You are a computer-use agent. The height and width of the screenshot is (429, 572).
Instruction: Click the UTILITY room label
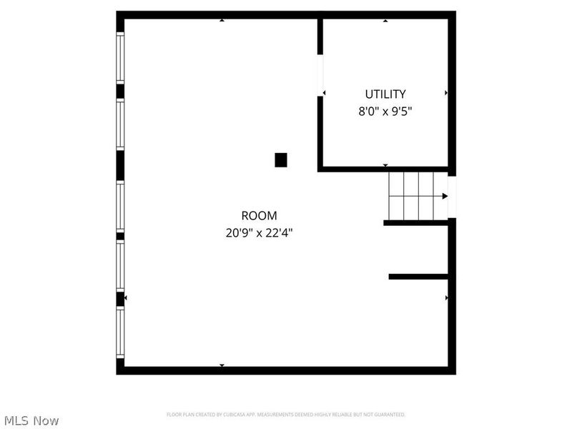click(385, 94)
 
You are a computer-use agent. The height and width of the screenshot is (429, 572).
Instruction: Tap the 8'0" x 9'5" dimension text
click(385, 112)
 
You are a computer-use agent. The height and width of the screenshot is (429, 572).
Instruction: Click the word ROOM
click(259, 215)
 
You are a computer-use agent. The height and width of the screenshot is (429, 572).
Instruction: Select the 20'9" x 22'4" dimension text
click(259, 232)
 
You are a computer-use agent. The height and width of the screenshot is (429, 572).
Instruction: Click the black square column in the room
click(281, 160)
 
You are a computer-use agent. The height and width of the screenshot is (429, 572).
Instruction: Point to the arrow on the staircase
click(443, 196)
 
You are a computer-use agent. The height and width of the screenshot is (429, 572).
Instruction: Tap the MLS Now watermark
click(31, 420)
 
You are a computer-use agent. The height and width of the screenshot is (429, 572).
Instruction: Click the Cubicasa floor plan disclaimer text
click(286, 415)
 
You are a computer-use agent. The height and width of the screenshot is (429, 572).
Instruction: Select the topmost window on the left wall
click(120, 57)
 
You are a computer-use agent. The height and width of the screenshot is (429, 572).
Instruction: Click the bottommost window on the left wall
click(120, 332)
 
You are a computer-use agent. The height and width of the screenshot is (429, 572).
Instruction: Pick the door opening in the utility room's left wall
click(320, 74)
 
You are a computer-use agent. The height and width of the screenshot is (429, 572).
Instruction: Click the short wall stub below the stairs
click(418, 276)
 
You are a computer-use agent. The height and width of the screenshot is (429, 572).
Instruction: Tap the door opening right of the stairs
click(452, 196)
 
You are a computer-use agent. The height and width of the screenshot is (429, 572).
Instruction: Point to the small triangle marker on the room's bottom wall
click(222, 365)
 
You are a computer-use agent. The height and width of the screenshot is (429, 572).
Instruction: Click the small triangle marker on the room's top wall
click(222, 20)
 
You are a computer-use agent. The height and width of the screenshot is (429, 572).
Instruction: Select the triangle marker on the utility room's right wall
click(446, 93)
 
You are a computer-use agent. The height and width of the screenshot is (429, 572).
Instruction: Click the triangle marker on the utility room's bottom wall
click(385, 165)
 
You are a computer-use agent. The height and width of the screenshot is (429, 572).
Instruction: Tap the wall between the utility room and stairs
click(386, 169)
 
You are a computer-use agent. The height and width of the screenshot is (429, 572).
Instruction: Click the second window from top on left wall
click(120, 124)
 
